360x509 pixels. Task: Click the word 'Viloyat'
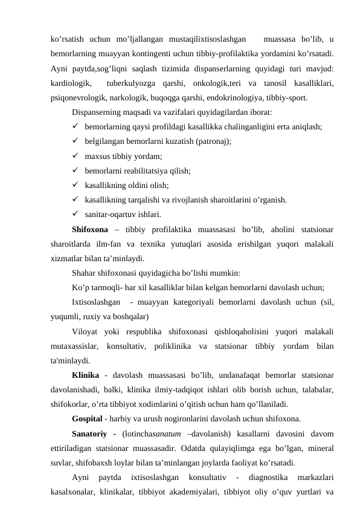85,332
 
